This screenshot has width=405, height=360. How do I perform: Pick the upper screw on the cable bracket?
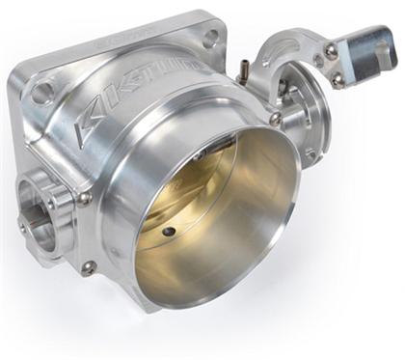click(x=331, y=50)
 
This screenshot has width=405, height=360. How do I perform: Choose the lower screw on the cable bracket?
click(x=340, y=82)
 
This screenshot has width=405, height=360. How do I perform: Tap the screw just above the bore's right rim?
click(x=276, y=119)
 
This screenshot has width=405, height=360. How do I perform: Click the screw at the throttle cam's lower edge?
click(x=310, y=154)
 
